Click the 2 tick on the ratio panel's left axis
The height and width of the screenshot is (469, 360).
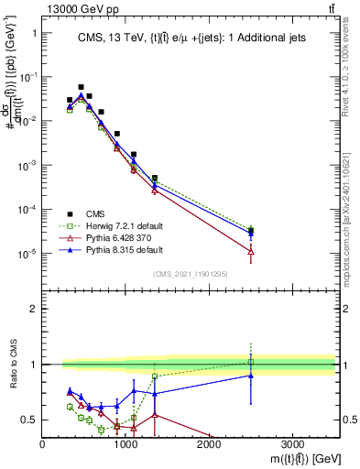[33, 309]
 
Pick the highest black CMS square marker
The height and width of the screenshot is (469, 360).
[82, 87]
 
